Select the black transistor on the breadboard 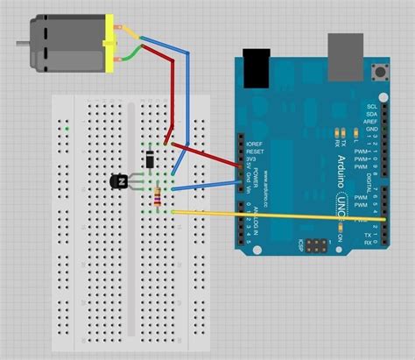(120, 181)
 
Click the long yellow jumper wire (280, 215)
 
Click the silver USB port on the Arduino (345, 55)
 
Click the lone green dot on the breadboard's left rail (67, 130)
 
